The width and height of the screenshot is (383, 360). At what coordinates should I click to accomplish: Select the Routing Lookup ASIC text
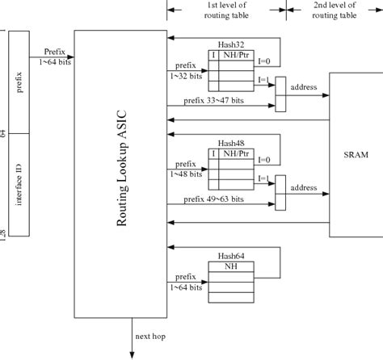click(x=122, y=174)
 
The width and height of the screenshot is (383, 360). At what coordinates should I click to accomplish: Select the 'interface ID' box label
click(x=19, y=185)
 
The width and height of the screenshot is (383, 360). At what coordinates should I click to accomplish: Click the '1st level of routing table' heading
click(x=226, y=10)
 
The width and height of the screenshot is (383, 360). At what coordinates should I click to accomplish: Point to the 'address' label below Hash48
click(x=305, y=187)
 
